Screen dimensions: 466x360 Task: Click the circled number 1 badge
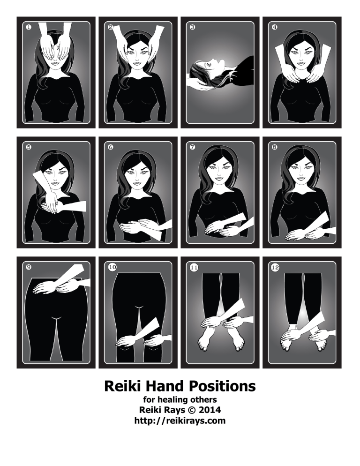point(29,27)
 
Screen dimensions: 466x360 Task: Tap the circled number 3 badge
point(192,27)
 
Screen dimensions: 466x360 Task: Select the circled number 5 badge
point(29,147)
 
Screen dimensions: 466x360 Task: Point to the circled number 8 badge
point(274,147)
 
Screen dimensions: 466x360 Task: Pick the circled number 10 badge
point(112,267)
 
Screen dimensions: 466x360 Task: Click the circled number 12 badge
point(275,267)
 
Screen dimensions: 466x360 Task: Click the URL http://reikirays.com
point(180,421)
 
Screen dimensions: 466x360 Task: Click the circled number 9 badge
point(29,267)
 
